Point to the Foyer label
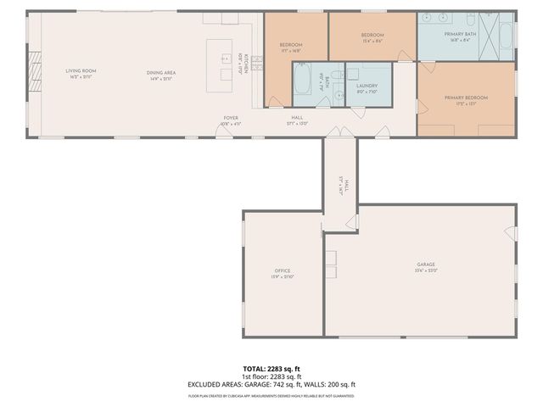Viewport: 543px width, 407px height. [x=231, y=117]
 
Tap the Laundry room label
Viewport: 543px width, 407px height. [x=367, y=86]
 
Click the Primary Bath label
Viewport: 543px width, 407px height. [x=460, y=34]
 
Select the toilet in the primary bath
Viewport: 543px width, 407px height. [x=507, y=35]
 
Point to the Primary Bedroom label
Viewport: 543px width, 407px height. [x=466, y=98]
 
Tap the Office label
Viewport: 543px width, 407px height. [x=282, y=270]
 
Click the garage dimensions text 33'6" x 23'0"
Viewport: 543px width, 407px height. [x=425, y=270]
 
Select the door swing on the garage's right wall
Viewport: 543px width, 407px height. [x=510, y=233]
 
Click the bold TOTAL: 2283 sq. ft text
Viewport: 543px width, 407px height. [x=271, y=369]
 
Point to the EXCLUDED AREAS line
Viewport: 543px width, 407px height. [x=271, y=384]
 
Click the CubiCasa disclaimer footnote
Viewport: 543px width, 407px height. [x=271, y=395]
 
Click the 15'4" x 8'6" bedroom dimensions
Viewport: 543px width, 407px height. [x=372, y=41]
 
